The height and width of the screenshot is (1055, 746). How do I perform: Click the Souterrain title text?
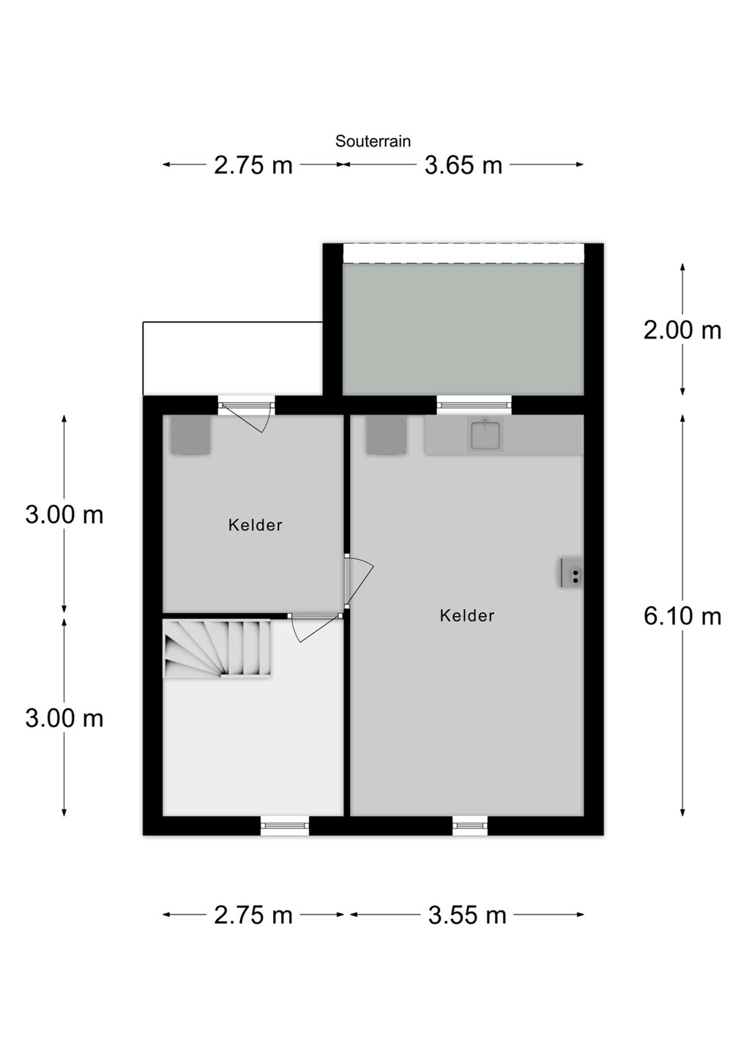pos(373,141)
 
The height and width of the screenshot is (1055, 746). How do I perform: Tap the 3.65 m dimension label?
pos(463,166)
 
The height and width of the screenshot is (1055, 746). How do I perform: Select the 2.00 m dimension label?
pos(682,330)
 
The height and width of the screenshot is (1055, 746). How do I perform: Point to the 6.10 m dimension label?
pos(682,617)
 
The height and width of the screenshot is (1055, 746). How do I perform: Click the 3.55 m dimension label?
pos(467,915)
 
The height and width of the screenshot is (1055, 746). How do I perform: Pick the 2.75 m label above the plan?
pos(253,166)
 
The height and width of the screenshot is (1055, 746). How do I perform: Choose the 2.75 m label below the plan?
pos(253,915)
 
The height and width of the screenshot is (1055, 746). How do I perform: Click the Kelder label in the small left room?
pos(255,525)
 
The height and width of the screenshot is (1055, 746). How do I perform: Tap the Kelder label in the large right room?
pos(467,615)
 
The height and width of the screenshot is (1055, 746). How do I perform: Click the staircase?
pos(217,649)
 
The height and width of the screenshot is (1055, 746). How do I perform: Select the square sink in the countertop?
pos(485,434)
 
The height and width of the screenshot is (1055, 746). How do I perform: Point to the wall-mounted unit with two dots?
pos(571,572)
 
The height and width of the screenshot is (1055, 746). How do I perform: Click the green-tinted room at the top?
pos(463,328)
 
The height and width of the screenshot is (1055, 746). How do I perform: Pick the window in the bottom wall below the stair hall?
pos(285,825)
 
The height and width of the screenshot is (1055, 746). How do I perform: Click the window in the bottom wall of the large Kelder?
pos(470,825)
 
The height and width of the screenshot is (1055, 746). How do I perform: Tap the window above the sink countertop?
pos(474,404)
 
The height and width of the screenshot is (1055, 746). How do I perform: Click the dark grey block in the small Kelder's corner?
pos(190,435)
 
